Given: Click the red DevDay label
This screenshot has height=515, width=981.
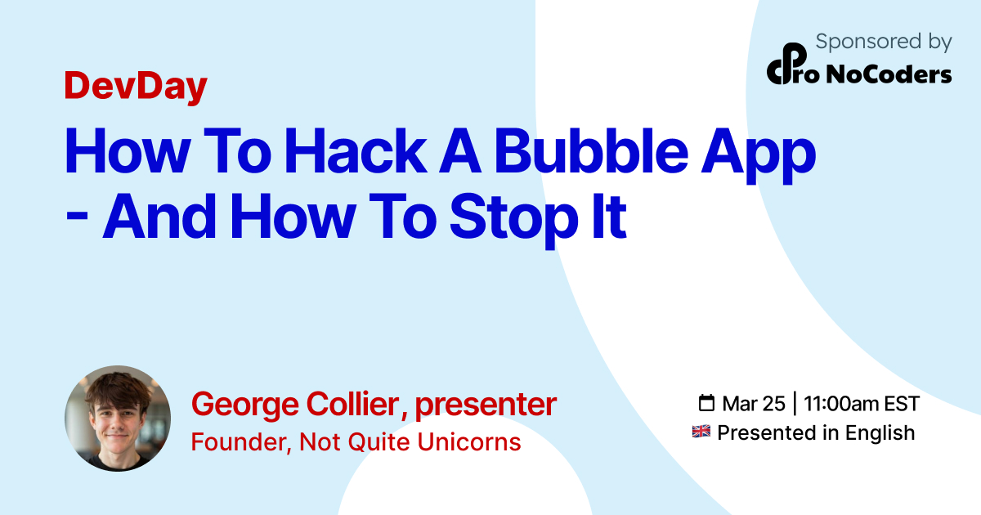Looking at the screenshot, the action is pyautogui.click(x=136, y=87).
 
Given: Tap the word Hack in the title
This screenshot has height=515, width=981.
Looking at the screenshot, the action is pyautogui.click(x=356, y=151).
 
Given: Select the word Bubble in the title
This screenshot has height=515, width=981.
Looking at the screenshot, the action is pyautogui.click(x=592, y=151).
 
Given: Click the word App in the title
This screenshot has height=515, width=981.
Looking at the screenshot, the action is pyautogui.click(x=759, y=156).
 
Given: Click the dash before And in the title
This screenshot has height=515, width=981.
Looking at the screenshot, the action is pyautogui.click(x=77, y=217).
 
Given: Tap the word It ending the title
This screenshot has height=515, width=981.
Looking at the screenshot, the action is pyautogui.click(x=609, y=216).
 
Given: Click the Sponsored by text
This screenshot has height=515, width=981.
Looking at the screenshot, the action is pyautogui.click(x=884, y=43).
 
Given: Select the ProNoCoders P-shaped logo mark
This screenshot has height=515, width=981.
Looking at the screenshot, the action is pyautogui.click(x=787, y=64).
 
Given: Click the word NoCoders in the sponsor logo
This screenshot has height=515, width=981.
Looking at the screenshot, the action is pyautogui.click(x=889, y=74).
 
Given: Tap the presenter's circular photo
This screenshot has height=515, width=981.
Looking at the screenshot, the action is pyautogui.click(x=118, y=419).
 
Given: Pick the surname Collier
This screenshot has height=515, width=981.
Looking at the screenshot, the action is pyautogui.click(x=352, y=403).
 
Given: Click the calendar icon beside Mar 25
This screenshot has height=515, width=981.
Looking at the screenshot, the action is pyautogui.click(x=706, y=403).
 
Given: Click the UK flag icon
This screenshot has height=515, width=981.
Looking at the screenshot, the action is pyautogui.click(x=701, y=432).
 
